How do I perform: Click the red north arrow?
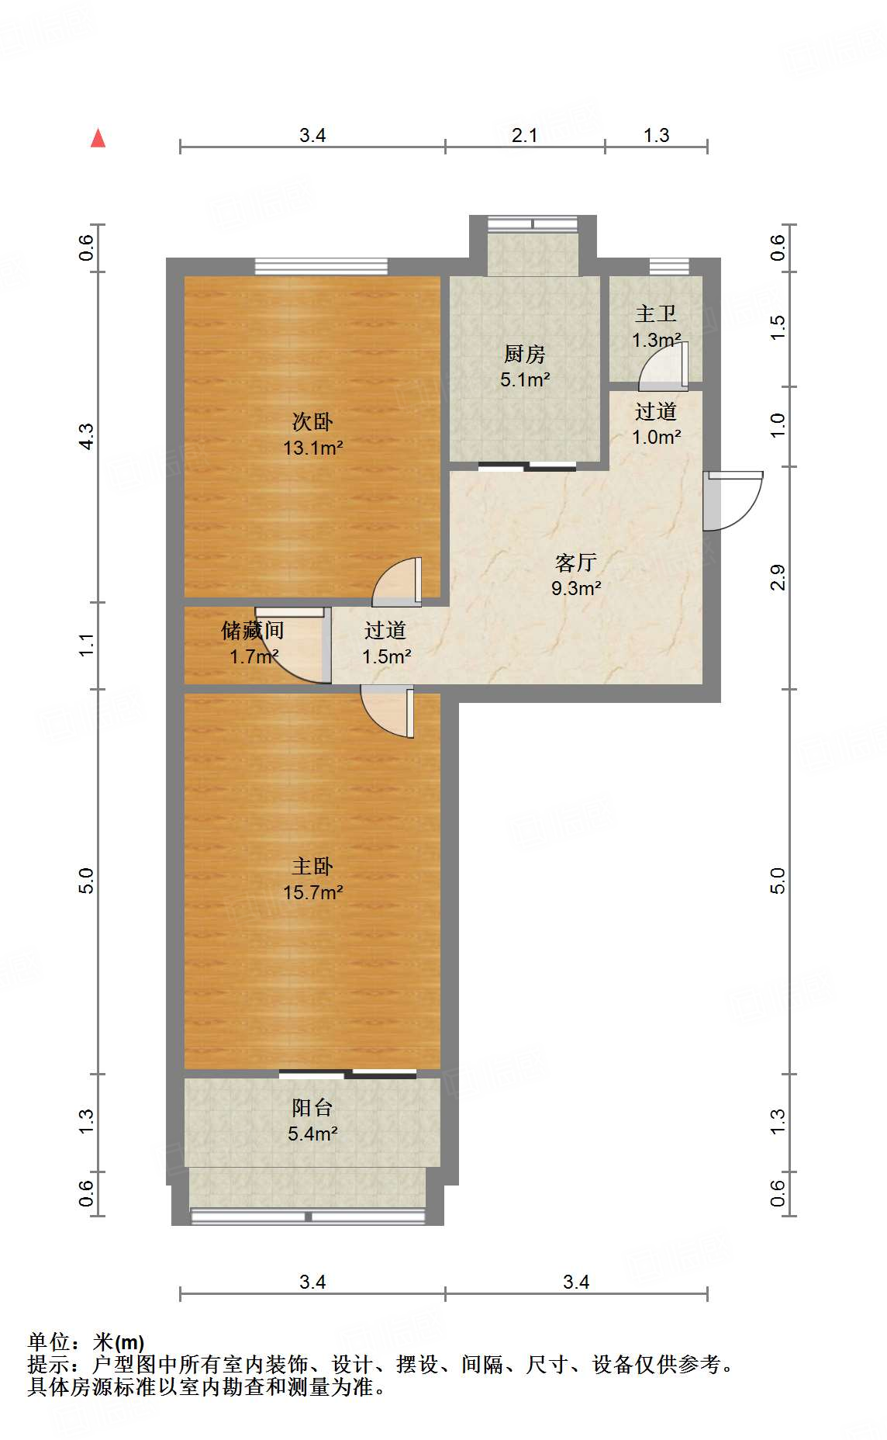[98, 138]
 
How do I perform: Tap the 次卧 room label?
[312, 422]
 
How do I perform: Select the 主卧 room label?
[312, 867]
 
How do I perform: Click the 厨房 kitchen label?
[525, 355]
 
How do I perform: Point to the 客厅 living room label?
[576, 562]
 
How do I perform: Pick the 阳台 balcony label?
[312, 1108]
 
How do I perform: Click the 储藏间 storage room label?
[253, 631]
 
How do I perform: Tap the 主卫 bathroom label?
[656, 314]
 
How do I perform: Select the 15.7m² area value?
[313, 893]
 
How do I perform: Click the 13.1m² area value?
[313, 448]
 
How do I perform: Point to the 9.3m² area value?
[576, 589]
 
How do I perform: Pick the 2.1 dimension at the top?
[525, 136]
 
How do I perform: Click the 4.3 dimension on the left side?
[86, 436]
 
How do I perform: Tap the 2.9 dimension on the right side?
[778, 578]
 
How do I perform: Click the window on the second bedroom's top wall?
[321, 266]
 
